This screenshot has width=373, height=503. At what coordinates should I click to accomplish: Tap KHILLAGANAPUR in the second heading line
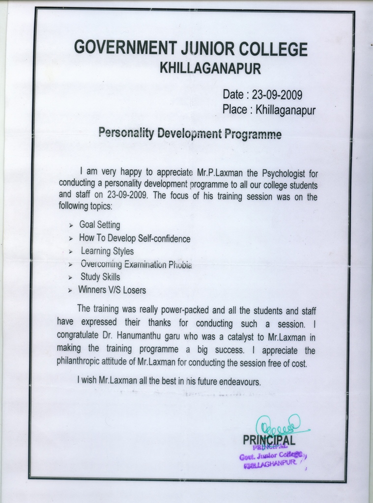pyautogui.click(x=210, y=68)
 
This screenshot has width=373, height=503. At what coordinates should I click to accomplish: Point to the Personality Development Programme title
pyautogui.click(x=190, y=134)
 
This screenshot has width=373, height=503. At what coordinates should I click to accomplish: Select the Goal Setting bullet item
pyautogui.click(x=100, y=225)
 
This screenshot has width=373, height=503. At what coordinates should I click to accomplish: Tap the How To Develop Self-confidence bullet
pyautogui.click(x=135, y=239)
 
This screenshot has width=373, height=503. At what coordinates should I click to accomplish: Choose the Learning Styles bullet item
pyautogui.click(x=107, y=251)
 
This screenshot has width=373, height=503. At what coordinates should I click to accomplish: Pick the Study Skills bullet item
pyautogui.click(x=100, y=277)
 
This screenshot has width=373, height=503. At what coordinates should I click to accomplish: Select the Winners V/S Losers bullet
pyautogui.click(x=112, y=290)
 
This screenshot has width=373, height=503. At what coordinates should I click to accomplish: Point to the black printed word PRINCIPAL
pyautogui.click(x=269, y=440)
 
